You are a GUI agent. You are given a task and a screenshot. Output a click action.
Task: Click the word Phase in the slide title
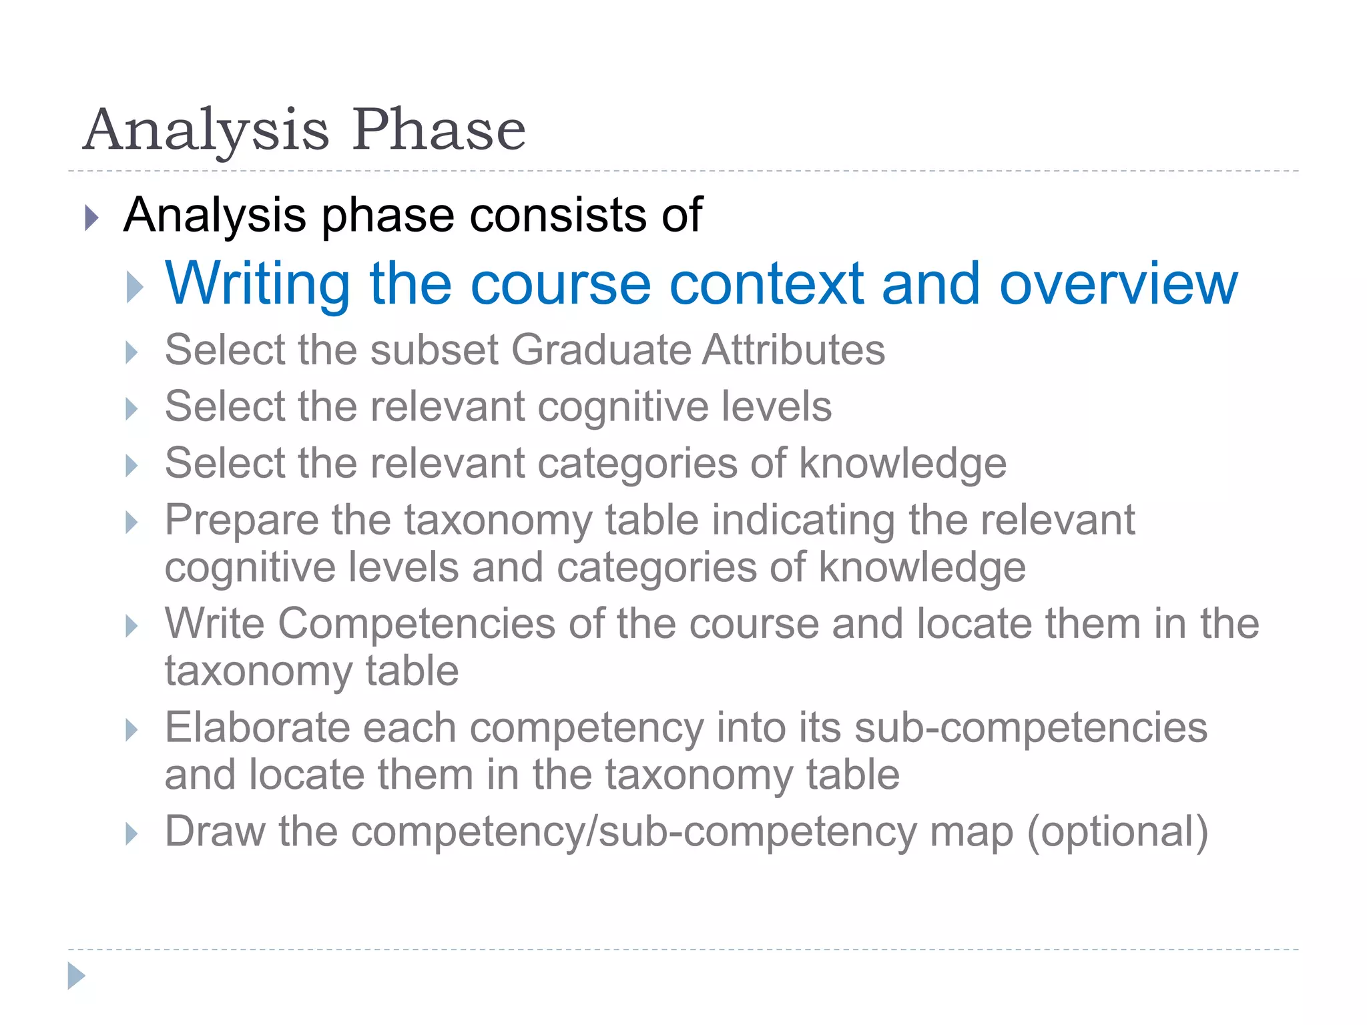(439, 129)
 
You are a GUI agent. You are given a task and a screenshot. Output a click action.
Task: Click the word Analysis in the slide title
(206, 131)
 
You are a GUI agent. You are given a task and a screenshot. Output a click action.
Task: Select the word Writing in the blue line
(258, 284)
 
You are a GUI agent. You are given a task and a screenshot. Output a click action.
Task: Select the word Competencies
(417, 624)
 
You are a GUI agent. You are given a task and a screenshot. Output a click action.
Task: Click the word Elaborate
(257, 727)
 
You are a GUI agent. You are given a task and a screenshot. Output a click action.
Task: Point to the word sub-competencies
(1031, 727)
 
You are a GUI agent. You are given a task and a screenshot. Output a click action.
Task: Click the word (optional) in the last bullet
(1117, 832)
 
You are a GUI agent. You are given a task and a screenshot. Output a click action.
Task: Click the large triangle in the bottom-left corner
(77, 976)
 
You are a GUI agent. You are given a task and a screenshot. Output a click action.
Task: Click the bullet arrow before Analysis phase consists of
(92, 218)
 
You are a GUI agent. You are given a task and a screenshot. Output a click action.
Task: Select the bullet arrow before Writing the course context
(135, 287)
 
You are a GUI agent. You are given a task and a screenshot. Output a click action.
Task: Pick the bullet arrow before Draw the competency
(131, 833)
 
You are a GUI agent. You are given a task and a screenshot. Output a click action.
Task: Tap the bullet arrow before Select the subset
(131, 352)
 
